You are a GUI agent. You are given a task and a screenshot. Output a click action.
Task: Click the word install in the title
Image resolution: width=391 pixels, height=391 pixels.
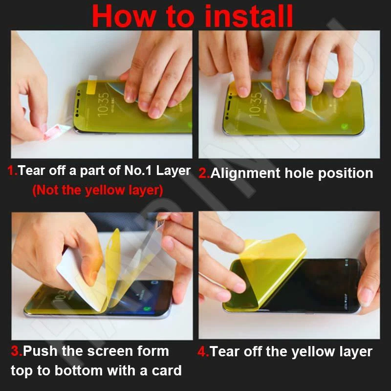pos(249,16)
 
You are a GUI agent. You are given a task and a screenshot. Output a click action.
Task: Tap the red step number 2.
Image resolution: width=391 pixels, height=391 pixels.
pos(203,173)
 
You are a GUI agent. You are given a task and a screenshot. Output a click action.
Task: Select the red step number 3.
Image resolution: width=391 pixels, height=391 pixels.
pos(16,351)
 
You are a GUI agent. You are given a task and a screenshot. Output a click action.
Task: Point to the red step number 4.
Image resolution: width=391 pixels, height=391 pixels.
pos(202,351)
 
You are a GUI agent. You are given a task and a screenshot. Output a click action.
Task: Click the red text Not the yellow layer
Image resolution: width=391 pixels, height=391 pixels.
pos(98,190)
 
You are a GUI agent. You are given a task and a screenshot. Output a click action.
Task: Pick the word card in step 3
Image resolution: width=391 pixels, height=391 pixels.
pos(166,370)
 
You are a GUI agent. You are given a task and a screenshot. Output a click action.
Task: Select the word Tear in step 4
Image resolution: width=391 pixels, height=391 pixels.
pos(225,351)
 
